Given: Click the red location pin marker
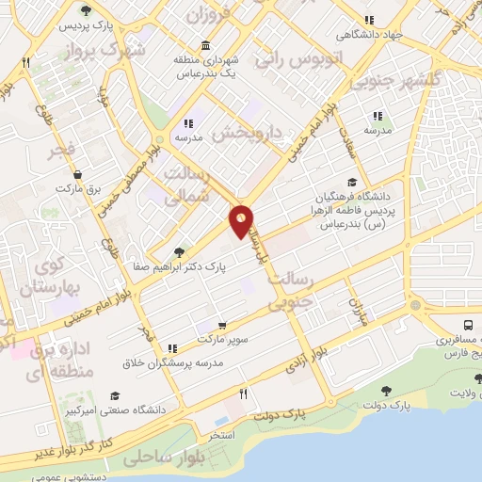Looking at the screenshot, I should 241,220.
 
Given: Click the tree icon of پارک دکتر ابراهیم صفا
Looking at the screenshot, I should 179,252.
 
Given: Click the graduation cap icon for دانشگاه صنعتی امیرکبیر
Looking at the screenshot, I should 116,395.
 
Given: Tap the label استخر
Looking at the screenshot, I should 222,435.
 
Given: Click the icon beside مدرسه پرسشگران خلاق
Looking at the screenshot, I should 171,348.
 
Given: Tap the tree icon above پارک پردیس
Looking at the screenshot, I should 87,10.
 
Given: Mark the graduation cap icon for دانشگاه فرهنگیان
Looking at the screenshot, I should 352,183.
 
